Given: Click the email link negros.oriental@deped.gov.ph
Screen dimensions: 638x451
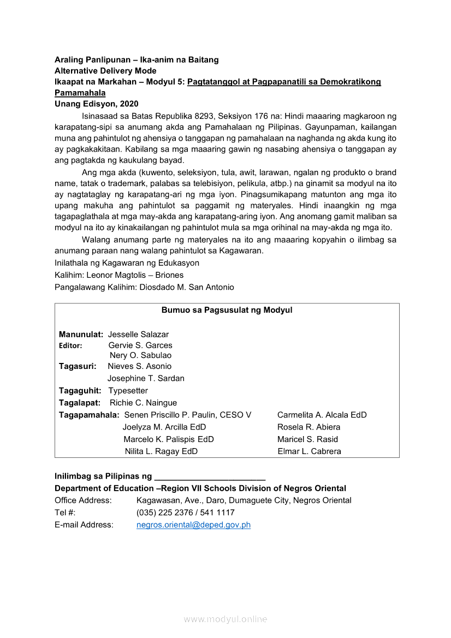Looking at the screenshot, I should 193,525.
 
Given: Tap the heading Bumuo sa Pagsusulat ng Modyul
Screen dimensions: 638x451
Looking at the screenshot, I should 227,310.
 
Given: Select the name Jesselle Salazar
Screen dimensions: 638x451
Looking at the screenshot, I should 138,334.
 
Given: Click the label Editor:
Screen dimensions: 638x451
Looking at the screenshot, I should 70,345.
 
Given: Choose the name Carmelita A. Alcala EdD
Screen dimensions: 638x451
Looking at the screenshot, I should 322,415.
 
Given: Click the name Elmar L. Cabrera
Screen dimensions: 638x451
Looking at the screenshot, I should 309,451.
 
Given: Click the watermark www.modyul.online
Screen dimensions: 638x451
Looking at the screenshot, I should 226,619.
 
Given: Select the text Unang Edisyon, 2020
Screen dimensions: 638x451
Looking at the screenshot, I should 96,104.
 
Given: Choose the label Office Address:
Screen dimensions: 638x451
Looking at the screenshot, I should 83,500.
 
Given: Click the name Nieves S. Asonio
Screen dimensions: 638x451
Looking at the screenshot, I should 139,366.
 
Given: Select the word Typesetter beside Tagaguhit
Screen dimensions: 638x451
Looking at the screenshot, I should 128,391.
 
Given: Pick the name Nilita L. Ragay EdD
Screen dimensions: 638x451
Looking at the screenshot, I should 161,451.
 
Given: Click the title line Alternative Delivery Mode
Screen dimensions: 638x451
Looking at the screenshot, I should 105,71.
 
